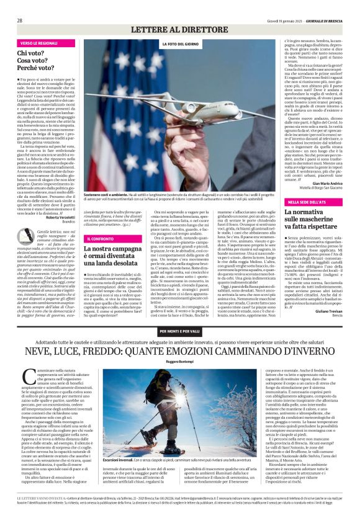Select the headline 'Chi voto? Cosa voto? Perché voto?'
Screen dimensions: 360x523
coord(35,62)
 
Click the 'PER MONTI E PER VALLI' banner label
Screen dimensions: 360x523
coord(180,332)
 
